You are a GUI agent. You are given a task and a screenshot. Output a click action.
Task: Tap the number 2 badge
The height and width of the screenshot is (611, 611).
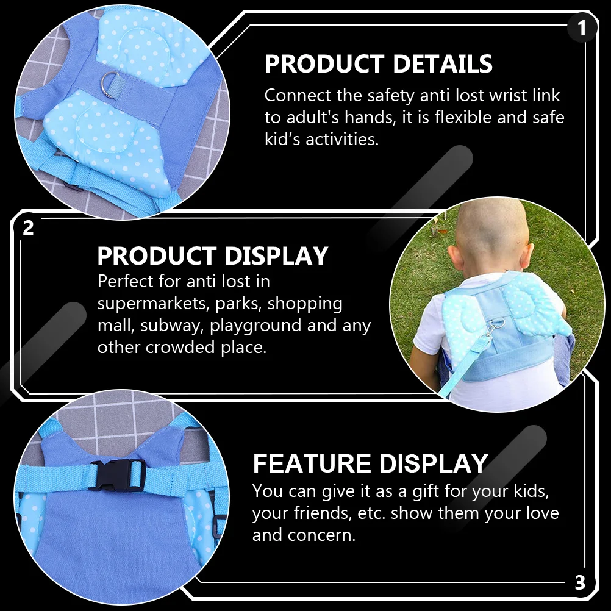click(x=28, y=228)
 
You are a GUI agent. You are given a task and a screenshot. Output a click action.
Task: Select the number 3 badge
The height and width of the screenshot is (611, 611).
click(x=580, y=582)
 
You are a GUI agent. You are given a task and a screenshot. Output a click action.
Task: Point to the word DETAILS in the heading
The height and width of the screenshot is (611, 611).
click(x=443, y=64)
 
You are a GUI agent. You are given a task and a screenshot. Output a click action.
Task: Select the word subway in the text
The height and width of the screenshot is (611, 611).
click(x=173, y=326)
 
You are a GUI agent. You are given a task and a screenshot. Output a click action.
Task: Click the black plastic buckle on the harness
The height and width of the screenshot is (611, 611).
click(x=116, y=475)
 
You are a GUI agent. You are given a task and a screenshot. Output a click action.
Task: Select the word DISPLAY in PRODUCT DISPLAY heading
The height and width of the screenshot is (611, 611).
click(x=277, y=256)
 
